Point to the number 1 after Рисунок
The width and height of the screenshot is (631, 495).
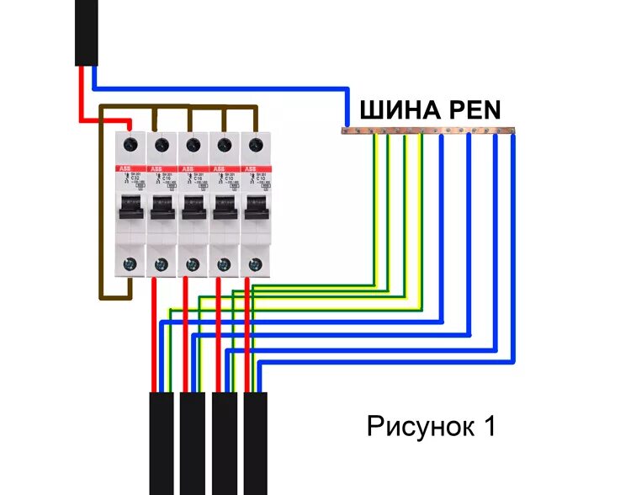(x=488, y=426)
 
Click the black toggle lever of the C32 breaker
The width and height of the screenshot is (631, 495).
(x=130, y=209)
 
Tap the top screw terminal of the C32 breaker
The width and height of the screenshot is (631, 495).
(x=130, y=145)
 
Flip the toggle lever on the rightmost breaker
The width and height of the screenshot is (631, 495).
(x=255, y=209)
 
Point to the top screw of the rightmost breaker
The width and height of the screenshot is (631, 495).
(x=255, y=145)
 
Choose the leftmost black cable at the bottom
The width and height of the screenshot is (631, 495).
(x=162, y=441)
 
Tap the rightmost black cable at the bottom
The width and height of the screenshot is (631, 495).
(x=256, y=441)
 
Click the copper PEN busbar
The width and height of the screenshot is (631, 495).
(x=429, y=130)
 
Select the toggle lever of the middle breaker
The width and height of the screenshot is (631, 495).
(x=193, y=209)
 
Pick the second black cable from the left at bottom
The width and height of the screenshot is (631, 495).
(x=193, y=441)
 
